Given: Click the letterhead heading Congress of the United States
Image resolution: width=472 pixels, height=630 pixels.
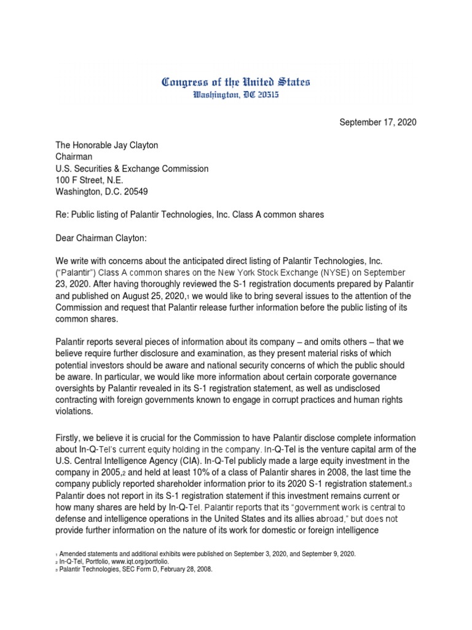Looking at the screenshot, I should point(235,82).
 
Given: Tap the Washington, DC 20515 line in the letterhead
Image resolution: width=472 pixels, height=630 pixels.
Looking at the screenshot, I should point(235,95).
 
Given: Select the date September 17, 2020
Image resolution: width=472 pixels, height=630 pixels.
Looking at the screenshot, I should point(378,122).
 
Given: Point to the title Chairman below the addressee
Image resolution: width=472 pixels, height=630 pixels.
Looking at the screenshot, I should point(75,157).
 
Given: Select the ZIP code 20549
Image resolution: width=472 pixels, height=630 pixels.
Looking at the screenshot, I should point(145,192).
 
